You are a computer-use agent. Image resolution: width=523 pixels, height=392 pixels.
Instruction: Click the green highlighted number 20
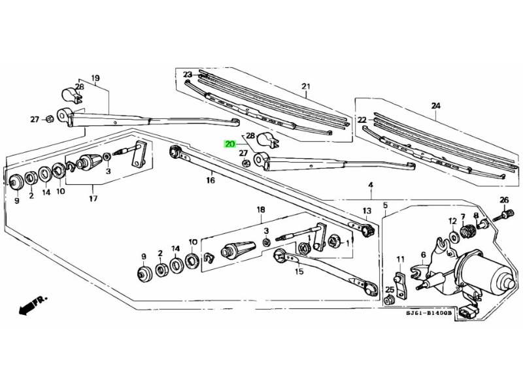click(229, 145)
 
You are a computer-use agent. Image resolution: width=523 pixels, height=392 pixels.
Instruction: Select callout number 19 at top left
click(95, 78)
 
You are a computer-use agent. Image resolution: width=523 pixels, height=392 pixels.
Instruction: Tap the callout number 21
click(305, 87)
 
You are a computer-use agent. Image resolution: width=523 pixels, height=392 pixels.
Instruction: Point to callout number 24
click(436, 106)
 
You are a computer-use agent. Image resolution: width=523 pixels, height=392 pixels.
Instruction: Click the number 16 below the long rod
click(211, 180)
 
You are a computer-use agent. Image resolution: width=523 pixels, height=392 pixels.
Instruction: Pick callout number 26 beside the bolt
click(503, 200)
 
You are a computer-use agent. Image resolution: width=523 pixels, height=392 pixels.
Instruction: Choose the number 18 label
click(261, 210)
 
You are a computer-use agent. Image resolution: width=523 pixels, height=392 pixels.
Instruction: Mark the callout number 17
click(93, 198)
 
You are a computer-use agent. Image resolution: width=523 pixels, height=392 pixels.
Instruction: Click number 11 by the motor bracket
click(400, 259)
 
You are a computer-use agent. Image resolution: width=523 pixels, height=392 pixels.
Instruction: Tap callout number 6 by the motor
click(423, 255)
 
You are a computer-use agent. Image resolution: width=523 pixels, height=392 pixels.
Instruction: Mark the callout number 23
click(188, 74)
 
